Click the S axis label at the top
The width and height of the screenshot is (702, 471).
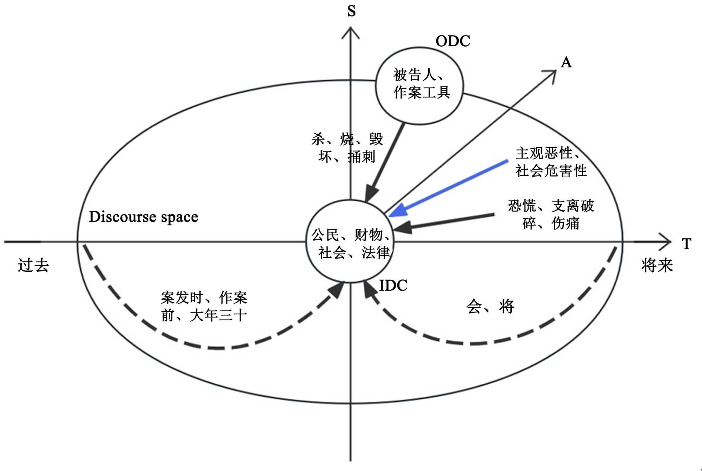tap(351, 11)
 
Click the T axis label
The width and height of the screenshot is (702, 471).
tap(687, 244)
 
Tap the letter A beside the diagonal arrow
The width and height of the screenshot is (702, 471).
tap(566, 63)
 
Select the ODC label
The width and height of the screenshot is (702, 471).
tap(452, 41)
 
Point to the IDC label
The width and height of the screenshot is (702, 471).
tap(393, 285)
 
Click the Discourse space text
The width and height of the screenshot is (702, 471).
tap(143, 217)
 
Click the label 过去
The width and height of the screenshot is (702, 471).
tap(33, 265)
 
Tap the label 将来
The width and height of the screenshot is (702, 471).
tap(657, 265)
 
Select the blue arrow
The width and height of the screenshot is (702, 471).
tap(449, 188)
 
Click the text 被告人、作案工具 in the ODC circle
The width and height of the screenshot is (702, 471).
tap(421, 83)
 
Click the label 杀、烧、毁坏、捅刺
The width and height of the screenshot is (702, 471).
tap(347, 148)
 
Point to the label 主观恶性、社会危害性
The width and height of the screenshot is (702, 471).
tap(550, 162)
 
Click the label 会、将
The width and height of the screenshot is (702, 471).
tap(490, 307)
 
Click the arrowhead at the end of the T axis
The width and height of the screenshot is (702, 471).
tap(665, 242)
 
